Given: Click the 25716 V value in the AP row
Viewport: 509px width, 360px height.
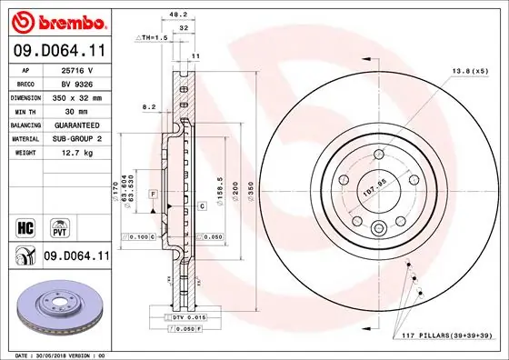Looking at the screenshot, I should [77, 69].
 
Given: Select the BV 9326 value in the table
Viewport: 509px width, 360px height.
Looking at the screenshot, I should [77, 83].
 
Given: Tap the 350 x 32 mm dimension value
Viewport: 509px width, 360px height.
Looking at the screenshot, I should [77, 96].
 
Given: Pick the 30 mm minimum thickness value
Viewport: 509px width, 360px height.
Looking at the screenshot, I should [77, 110].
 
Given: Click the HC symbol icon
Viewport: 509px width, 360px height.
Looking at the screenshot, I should [25, 224].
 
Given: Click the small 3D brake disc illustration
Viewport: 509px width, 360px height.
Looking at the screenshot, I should [56, 309].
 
